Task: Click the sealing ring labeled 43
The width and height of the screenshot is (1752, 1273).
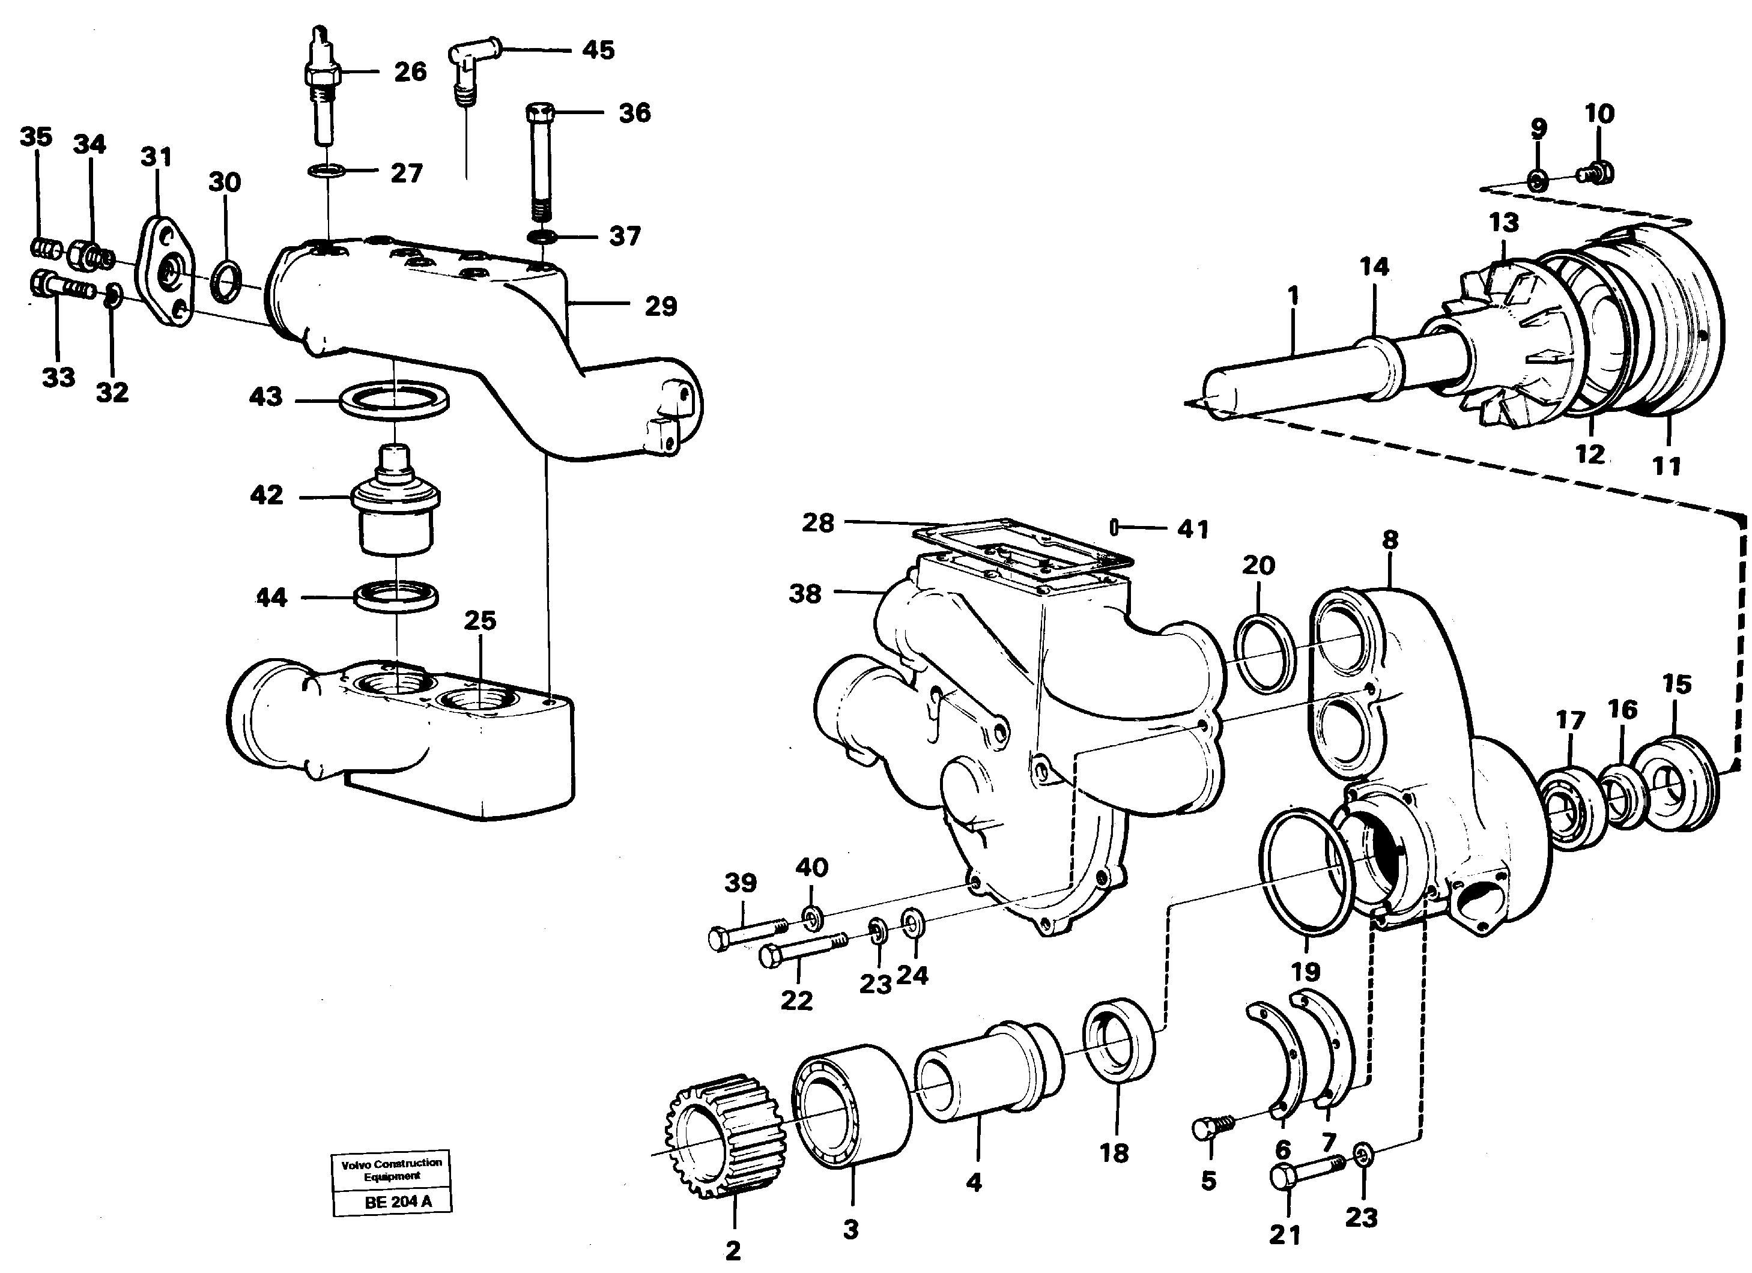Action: pos(396,402)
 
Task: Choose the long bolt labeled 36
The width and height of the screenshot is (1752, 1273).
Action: pos(538,162)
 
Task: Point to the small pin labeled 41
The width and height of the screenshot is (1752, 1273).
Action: pos(1115,528)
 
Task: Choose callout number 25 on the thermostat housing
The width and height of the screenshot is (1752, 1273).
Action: pos(480,620)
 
